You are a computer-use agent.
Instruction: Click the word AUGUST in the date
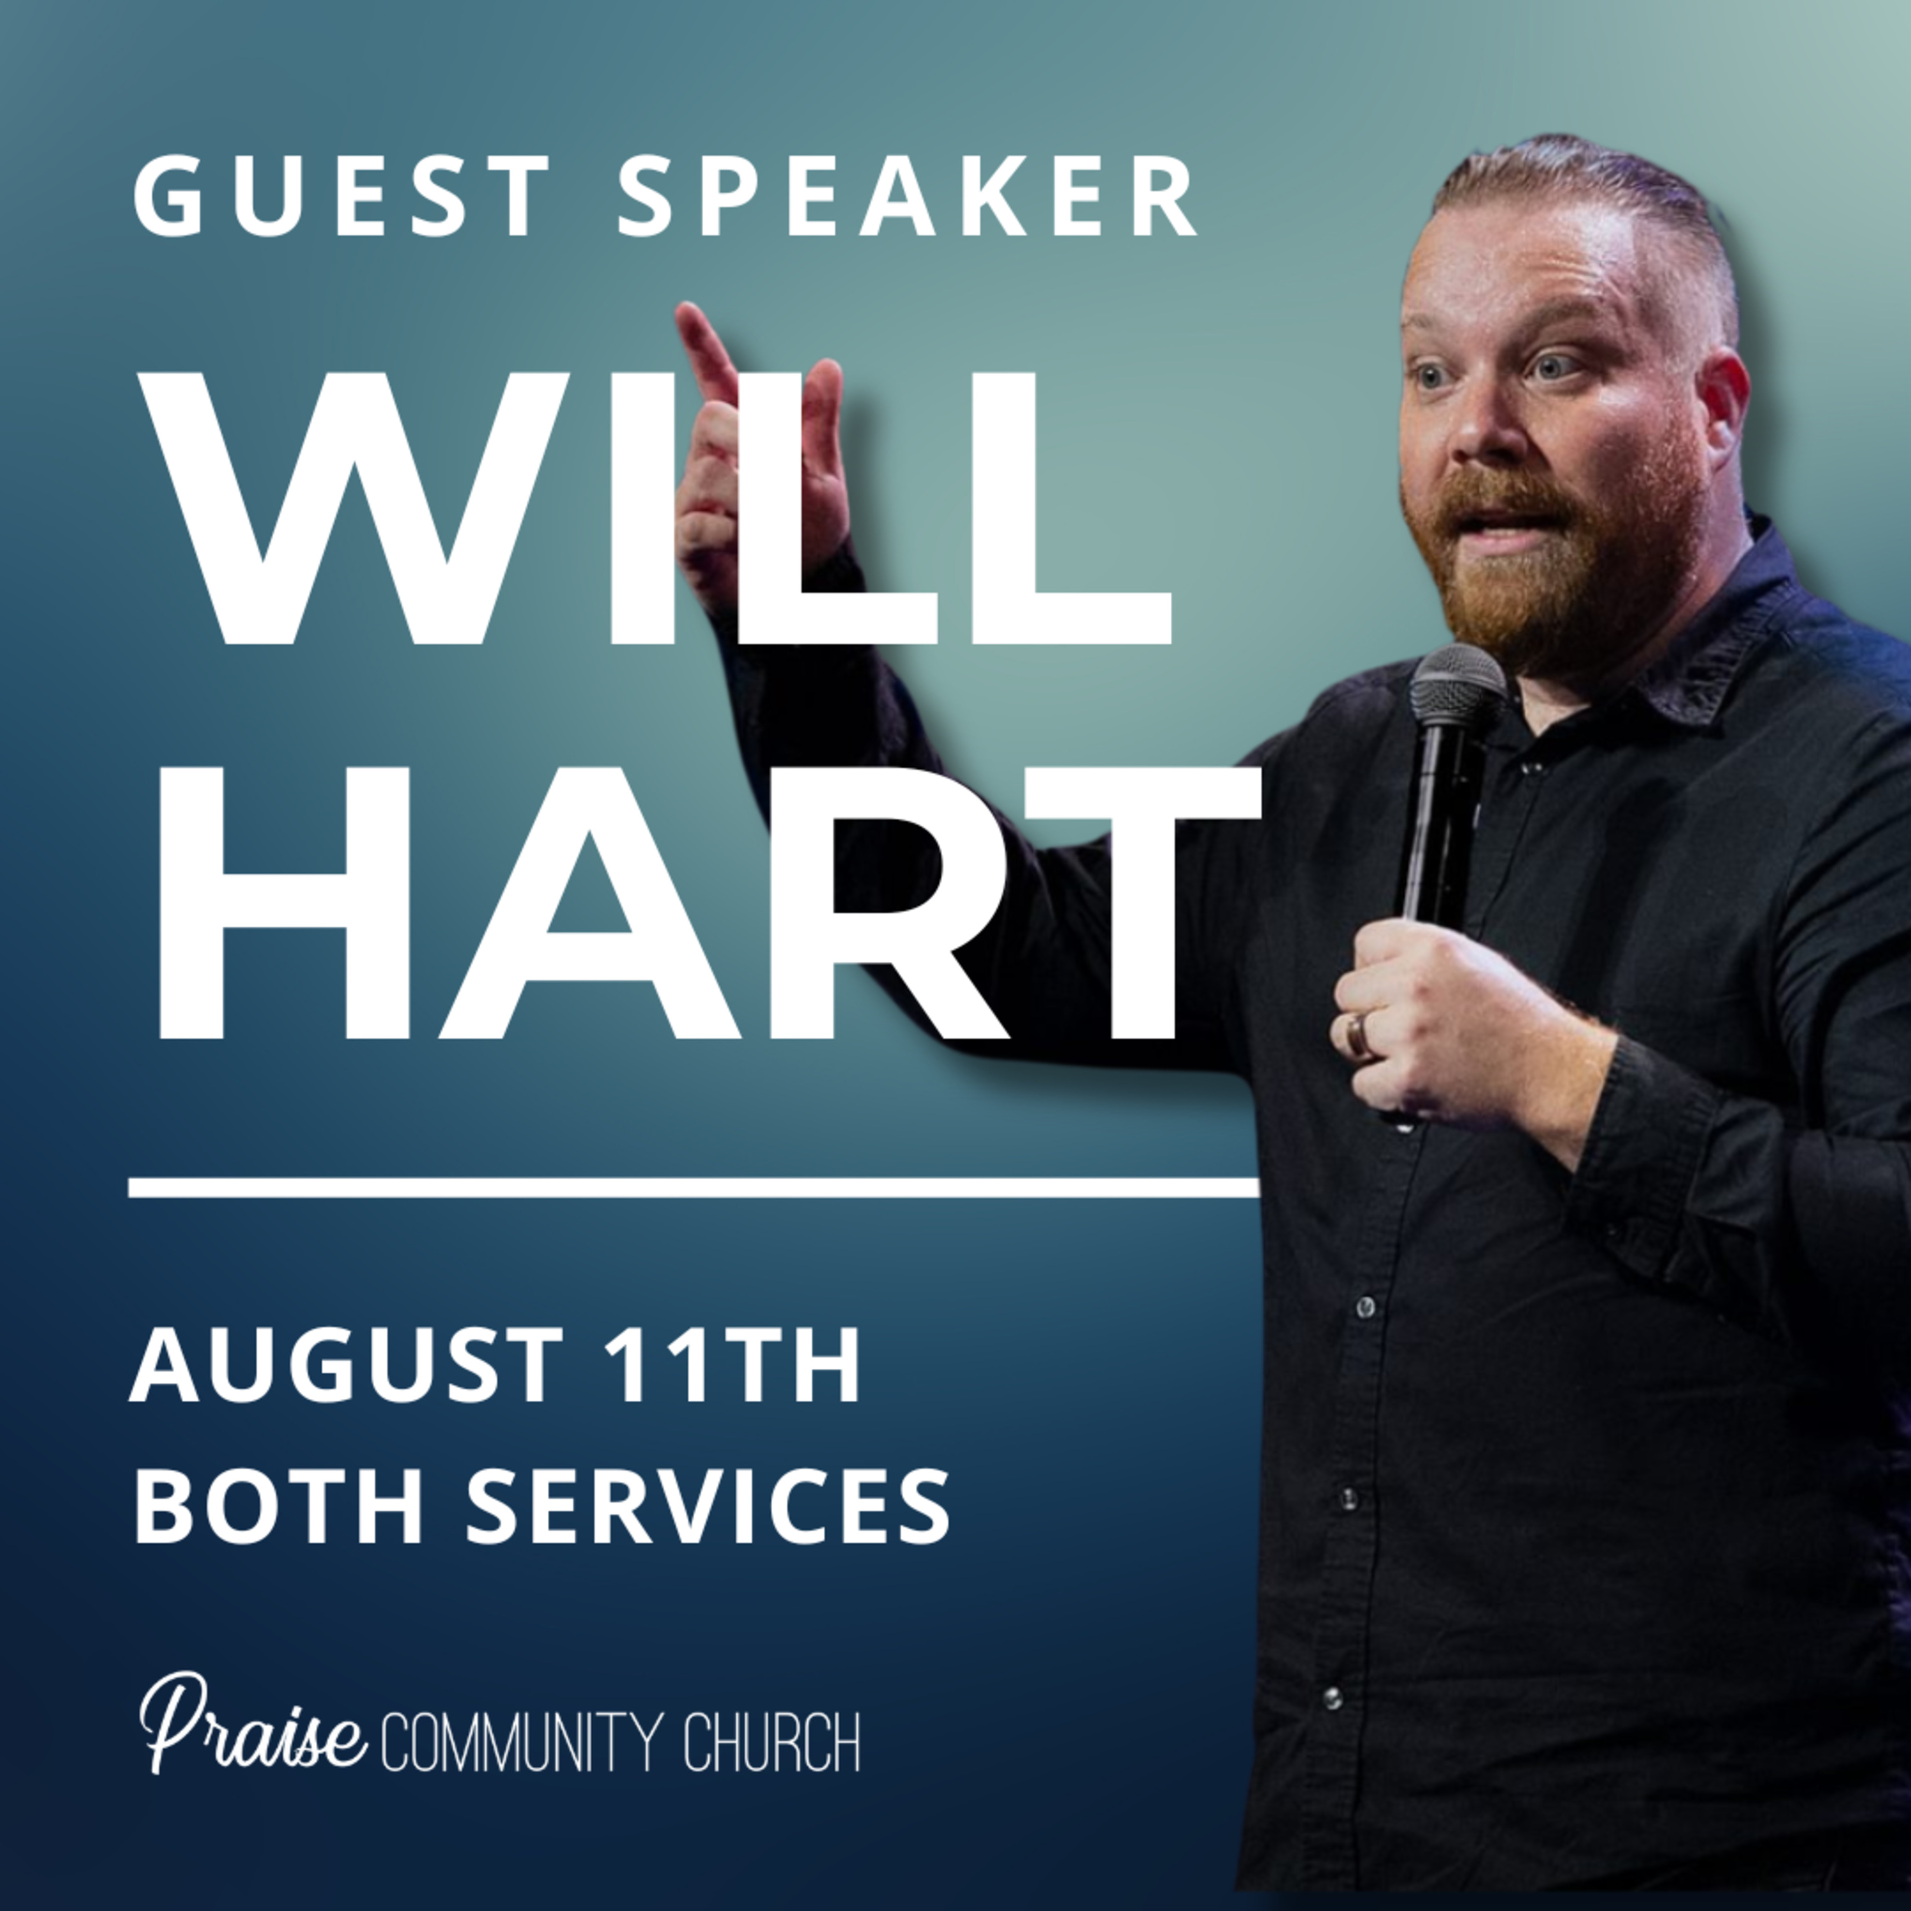click(346, 1365)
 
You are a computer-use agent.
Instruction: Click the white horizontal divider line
click(694, 1187)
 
